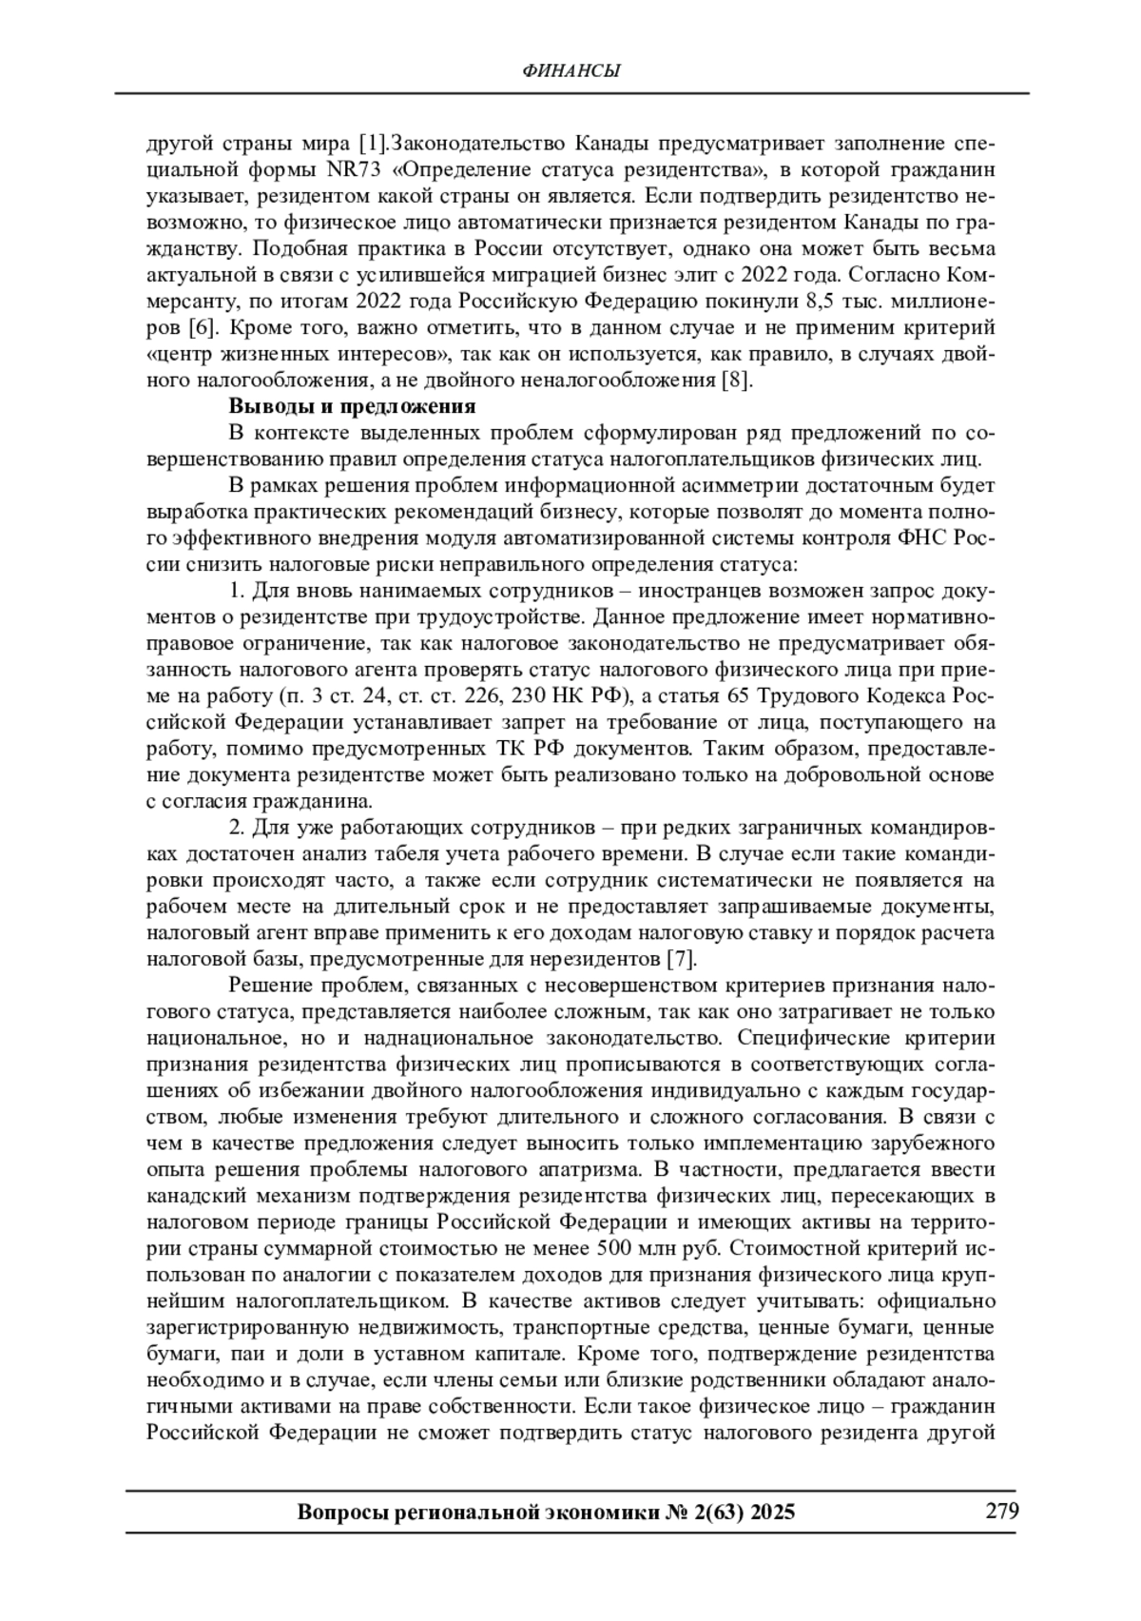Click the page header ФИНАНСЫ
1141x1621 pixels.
pos(572,71)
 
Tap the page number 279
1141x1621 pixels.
pos(1001,1512)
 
